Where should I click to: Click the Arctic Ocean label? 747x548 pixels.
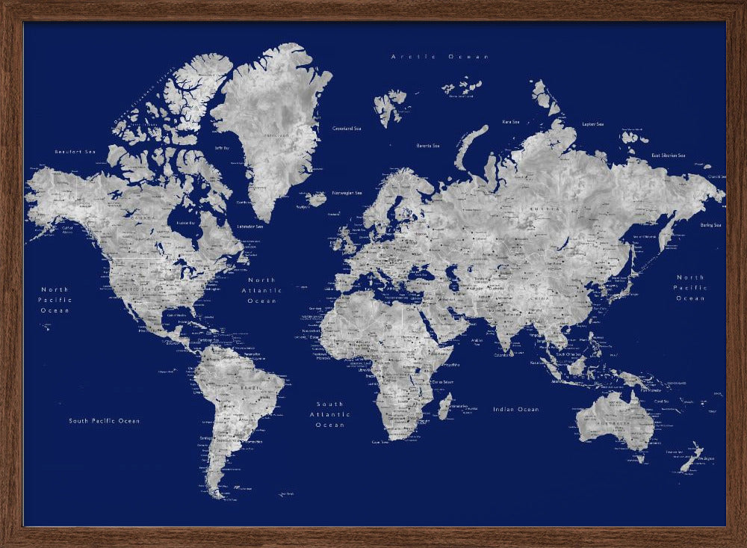pyautogui.click(x=440, y=57)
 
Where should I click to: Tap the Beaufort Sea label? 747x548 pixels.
pyautogui.click(x=76, y=152)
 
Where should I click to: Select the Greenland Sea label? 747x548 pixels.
pyautogui.click(x=347, y=129)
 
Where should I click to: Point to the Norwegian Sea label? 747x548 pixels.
pyautogui.click(x=347, y=192)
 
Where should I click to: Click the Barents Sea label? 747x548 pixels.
pyautogui.click(x=427, y=145)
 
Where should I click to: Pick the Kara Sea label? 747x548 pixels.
pyautogui.click(x=511, y=121)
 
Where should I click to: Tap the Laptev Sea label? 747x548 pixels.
pyautogui.click(x=592, y=124)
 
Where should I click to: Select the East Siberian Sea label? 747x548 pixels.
pyautogui.click(x=668, y=156)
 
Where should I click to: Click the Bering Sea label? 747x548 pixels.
pyautogui.click(x=710, y=225)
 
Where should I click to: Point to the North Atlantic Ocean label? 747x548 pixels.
pyautogui.click(x=262, y=290)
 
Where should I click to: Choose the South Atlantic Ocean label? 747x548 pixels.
pyautogui.click(x=329, y=414)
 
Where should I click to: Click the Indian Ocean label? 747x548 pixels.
pyautogui.click(x=515, y=410)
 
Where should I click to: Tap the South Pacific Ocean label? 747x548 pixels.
pyautogui.click(x=105, y=421)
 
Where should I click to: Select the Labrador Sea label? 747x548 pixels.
pyautogui.click(x=250, y=226)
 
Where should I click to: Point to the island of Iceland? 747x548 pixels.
pyautogui.click(x=317, y=199)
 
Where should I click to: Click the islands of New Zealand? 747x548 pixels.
pyautogui.click(x=691, y=457)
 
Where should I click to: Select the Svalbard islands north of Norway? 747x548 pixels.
pyautogui.click(x=389, y=105)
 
